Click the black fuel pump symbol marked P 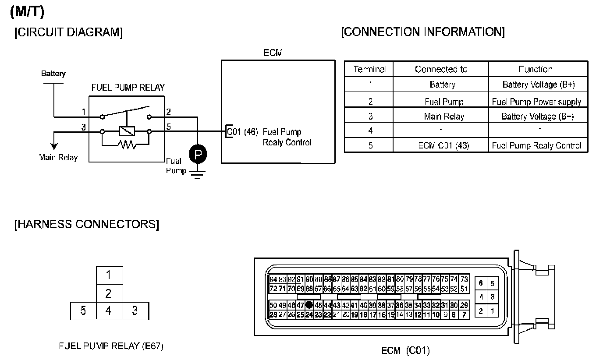coord(198,154)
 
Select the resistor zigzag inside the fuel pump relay coord(126,144)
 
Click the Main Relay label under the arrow coord(58,157)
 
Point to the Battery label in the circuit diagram coord(53,74)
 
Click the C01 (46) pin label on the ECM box coord(242,131)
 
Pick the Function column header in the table coord(536,69)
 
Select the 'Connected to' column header coord(441,69)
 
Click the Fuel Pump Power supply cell coord(536,102)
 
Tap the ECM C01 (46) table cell coord(443,145)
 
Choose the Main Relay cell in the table coord(444,116)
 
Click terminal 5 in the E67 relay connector coord(83,311)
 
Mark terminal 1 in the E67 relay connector coord(109,275)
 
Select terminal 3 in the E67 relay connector coord(135,311)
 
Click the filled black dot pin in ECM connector coord(309,305)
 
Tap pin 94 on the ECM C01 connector coord(273,279)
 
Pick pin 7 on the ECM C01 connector coord(464,314)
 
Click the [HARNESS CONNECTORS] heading coord(86,224)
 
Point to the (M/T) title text coord(27,12)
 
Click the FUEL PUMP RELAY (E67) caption coord(111,346)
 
